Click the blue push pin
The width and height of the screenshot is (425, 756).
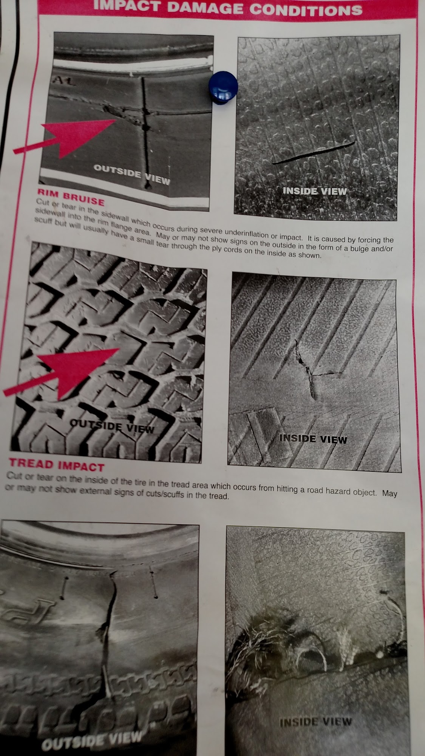click(223, 88)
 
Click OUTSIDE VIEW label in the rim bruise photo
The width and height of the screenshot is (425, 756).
click(131, 174)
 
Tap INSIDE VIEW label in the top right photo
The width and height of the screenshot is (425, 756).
click(314, 191)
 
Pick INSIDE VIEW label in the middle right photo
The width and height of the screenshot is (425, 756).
click(313, 439)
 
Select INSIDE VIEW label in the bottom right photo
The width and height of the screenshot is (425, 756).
click(316, 711)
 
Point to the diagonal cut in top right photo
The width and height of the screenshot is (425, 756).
click(314, 152)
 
